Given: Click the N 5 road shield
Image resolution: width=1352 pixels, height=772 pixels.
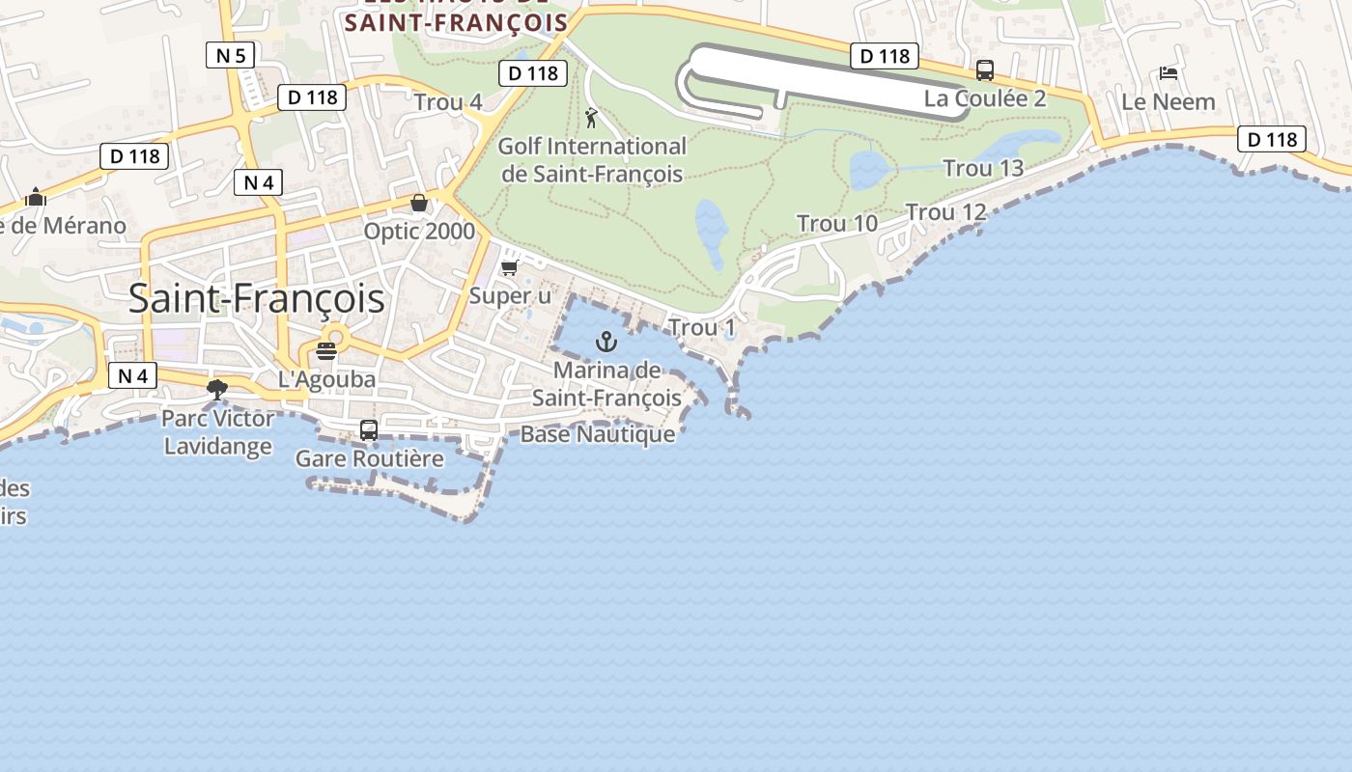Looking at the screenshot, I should click(x=230, y=55).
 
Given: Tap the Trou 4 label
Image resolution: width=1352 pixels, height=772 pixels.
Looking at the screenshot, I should click(x=448, y=102).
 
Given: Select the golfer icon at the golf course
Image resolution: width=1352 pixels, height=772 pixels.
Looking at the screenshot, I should click(x=591, y=118).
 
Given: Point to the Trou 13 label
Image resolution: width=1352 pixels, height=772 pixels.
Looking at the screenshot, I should click(x=983, y=168).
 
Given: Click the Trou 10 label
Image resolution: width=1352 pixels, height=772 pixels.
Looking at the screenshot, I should click(x=837, y=224).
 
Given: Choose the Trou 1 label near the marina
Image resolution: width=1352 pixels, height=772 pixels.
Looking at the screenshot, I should click(x=702, y=328).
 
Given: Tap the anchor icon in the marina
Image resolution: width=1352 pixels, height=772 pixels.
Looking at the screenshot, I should click(x=606, y=341).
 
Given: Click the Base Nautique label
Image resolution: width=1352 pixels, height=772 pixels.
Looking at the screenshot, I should click(x=598, y=434).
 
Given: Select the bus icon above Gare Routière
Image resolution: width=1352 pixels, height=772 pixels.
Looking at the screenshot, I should click(x=369, y=430).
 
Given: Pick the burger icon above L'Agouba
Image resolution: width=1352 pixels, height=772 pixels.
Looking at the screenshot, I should click(x=326, y=350).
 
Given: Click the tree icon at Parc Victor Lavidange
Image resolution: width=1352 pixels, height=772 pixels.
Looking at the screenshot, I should click(x=217, y=389).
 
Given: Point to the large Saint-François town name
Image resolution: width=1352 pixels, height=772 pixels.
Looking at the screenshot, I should click(x=256, y=298).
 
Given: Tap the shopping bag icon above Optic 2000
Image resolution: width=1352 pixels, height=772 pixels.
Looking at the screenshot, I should click(x=419, y=203).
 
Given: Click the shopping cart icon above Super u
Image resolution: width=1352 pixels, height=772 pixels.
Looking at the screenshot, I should click(x=509, y=267).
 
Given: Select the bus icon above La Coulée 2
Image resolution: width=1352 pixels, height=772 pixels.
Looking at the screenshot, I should click(x=985, y=70).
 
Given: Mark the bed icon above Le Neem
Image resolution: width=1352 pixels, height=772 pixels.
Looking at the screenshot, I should click(x=1169, y=73).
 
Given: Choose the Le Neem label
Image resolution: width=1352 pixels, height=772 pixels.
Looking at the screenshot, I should click(x=1169, y=101).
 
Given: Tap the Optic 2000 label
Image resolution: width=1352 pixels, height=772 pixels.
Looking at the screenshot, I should click(x=419, y=232).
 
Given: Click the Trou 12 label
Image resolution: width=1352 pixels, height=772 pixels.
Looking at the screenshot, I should click(x=946, y=212).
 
